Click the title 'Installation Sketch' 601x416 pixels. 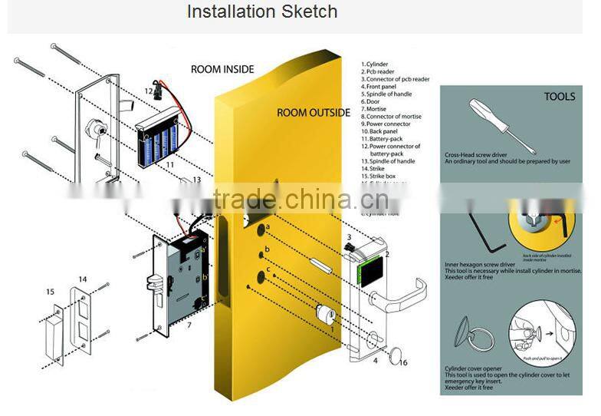pos(262,12)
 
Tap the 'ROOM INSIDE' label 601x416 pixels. pos(222,69)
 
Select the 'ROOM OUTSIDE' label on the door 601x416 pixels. pos(314,113)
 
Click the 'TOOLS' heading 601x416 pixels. pos(559,97)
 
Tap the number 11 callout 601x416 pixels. pos(170,164)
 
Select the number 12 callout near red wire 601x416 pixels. pos(148,91)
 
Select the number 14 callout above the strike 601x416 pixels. pos(83,279)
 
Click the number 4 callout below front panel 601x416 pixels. pos(375,360)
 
